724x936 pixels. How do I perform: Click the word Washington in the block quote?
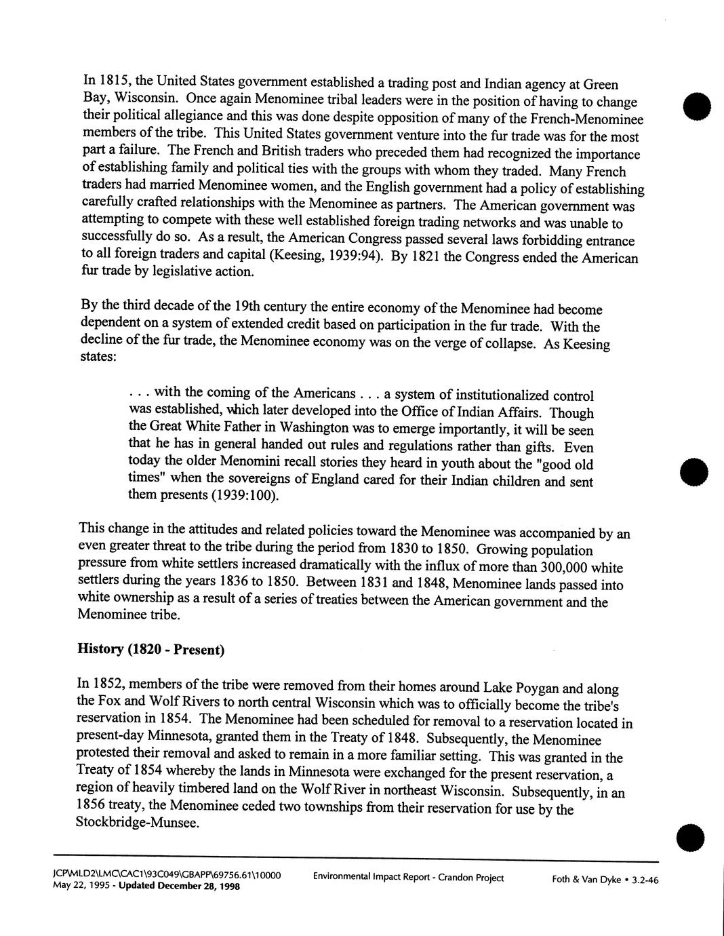pos(317,429)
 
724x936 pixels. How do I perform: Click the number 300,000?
pos(572,567)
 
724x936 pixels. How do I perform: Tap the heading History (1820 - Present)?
pos(151,649)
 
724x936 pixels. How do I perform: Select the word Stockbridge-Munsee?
pos(138,823)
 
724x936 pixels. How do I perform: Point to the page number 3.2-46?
pos(645,880)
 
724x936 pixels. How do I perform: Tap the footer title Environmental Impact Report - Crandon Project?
pos(408,878)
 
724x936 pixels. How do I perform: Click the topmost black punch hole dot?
pos(696,108)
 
